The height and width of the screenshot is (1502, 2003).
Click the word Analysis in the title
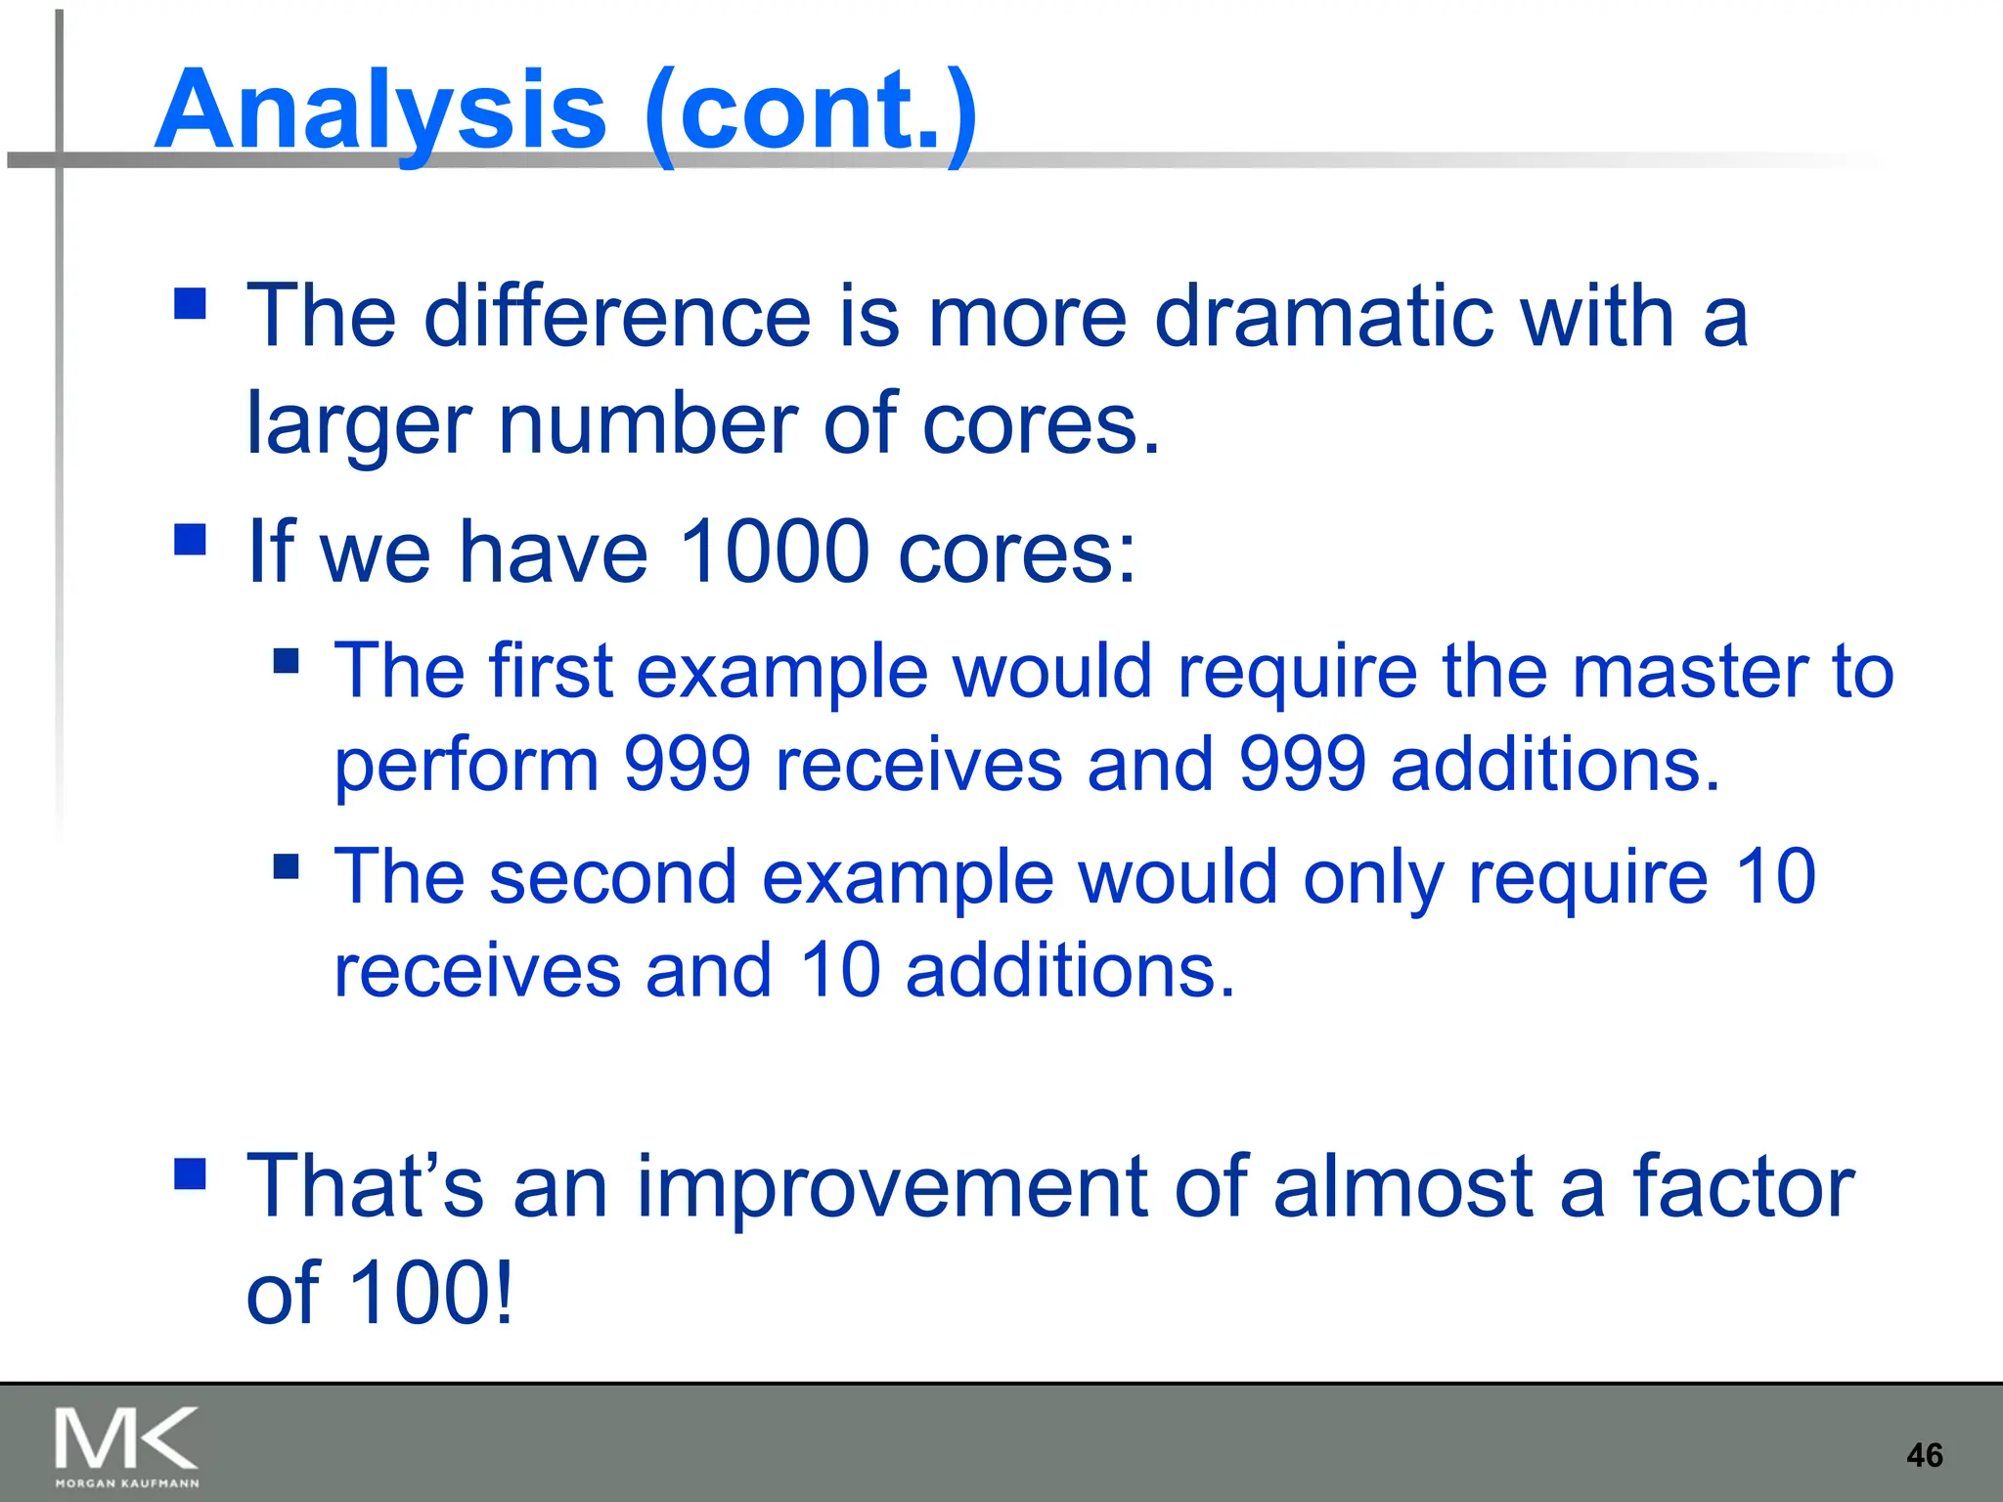coord(380,110)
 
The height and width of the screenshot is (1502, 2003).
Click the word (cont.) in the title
coord(811,110)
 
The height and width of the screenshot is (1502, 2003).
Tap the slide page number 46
coord(1924,1455)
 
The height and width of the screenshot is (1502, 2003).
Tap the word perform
coord(467,765)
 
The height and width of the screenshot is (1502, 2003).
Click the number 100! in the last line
coord(430,1293)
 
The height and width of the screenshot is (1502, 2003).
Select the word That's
coord(365,1186)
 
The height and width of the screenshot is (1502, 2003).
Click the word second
coord(613,877)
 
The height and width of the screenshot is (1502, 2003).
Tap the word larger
coord(359,424)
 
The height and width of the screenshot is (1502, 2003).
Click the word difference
coord(616,317)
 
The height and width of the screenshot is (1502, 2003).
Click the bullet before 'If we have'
coord(190,540)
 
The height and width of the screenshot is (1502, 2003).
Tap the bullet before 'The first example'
coord(286,661)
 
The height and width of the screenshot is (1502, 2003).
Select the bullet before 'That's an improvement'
coord(190,1173)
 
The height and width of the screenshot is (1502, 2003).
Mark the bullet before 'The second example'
coord(286,866)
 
